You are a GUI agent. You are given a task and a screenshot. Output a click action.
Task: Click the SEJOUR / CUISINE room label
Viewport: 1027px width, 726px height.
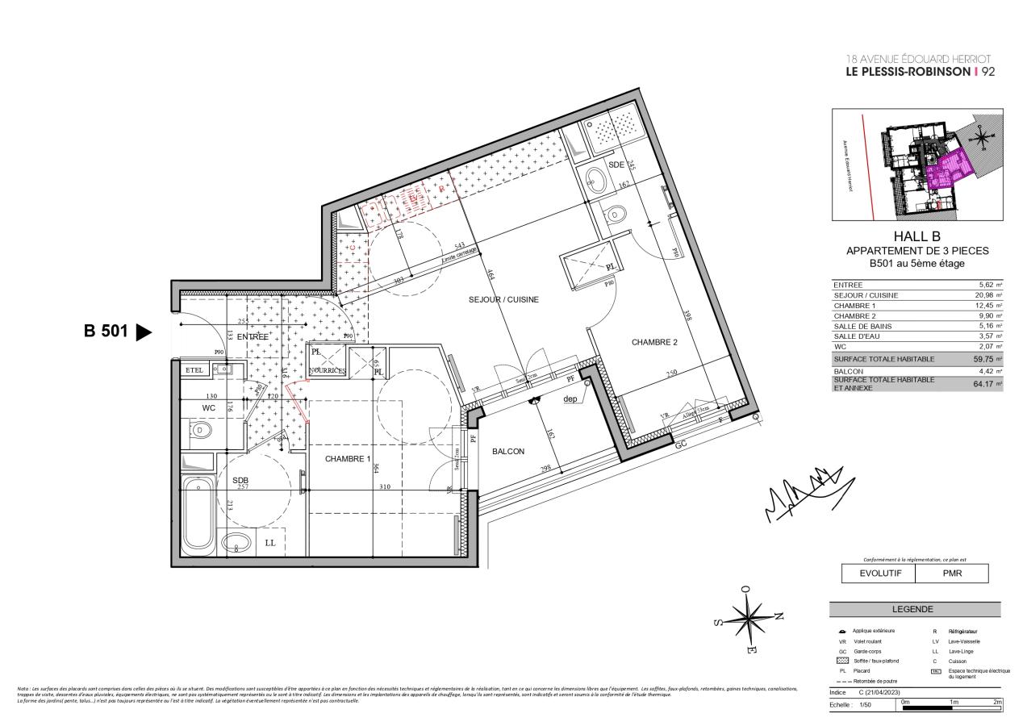(x=503, y=299)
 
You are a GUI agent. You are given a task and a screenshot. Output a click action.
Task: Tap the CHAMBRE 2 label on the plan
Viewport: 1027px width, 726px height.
(x=654, y=342)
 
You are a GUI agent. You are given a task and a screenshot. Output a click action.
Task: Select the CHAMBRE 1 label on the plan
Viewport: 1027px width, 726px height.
(x=348, y=459)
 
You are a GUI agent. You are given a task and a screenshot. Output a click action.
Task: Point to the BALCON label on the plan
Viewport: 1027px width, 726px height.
(x=509, y=452)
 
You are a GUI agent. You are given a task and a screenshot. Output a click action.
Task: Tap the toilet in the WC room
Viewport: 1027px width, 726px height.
(x=201, y=431)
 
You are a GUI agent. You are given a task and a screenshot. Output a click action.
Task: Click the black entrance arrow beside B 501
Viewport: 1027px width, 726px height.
(x=144, y=332)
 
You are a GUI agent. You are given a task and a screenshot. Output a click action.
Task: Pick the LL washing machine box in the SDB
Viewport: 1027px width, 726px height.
(x=269, y=543)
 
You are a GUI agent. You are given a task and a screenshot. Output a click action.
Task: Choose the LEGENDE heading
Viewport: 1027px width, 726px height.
(x=914, y=609)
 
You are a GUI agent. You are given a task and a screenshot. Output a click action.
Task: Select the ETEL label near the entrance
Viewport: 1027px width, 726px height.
(x=194, y=369)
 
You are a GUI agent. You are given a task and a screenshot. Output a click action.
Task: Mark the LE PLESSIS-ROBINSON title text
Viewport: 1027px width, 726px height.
(x=907, y=72)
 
